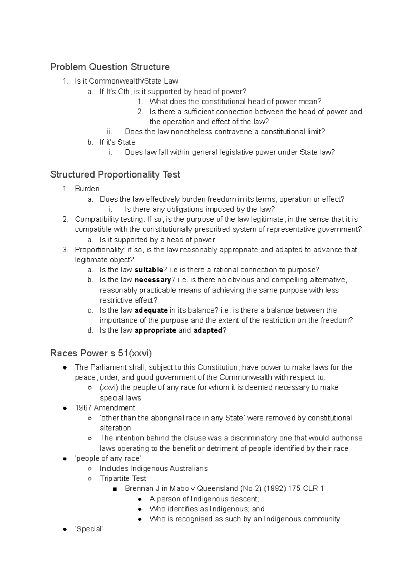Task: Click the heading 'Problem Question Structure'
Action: pos(110,67)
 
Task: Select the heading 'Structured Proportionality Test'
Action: pos(115,174)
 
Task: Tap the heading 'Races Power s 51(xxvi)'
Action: pos(101,353)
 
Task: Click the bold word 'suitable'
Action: pos(149,270)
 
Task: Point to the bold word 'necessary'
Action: pos(153,280)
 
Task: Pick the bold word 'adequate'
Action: pos(151,310)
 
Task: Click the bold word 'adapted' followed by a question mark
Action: pos(208,330)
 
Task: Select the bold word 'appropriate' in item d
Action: pos(155,330)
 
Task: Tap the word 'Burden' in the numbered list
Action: pos(87,189)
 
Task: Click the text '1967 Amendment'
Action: pos(105,408)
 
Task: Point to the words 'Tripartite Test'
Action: pos(123,478)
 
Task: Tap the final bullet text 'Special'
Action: pos(89,529)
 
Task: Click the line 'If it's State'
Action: pos(117,142)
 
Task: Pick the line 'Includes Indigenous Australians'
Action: pos(154,468)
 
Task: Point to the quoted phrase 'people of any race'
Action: pos(108,458)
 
